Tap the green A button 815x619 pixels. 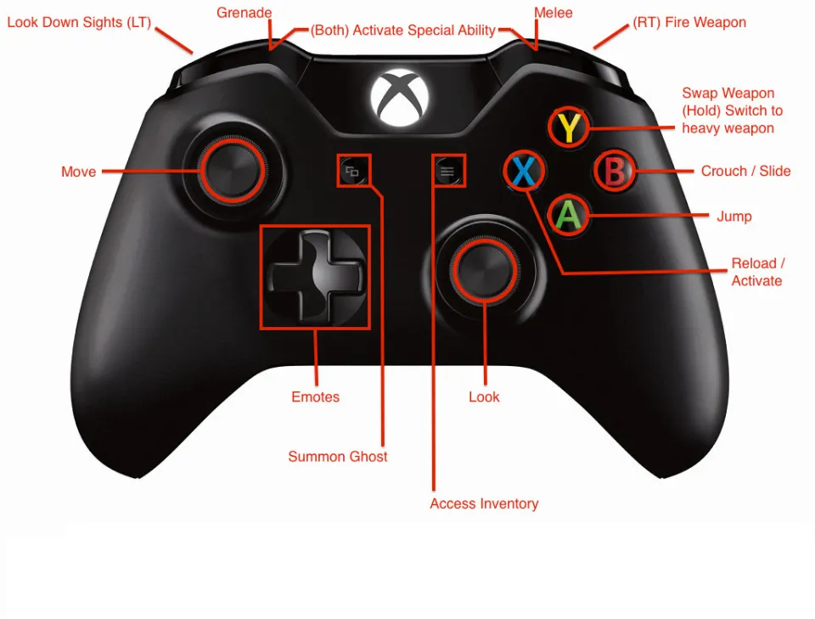coord(569,215)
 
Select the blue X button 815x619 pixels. coord(524,172)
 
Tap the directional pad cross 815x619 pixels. coord(315,277)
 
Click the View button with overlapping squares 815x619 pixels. coord(352,172)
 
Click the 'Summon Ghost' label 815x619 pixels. coord(337,457)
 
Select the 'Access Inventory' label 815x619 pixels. coord(484,504)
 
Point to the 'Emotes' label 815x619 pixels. coord(315,397)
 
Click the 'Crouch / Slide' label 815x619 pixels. coord(745,171)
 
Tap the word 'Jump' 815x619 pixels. coord(733,217)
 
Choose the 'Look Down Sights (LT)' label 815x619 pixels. coord(79,22)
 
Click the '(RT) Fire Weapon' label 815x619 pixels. coord(689,22)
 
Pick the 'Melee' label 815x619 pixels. coord(553,13)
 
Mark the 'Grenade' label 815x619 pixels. coord(244,13)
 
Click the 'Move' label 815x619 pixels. coord(78,172)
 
